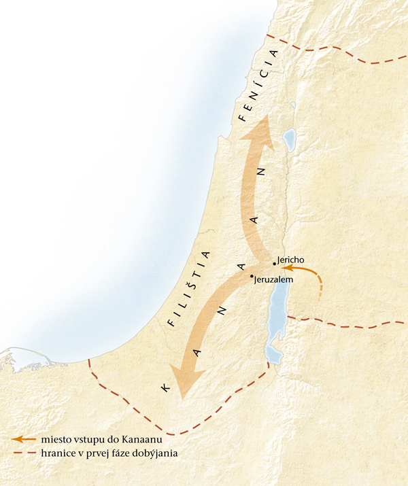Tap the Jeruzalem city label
tap(273, 280)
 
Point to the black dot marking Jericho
tap(274, 263)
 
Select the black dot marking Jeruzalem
tap(252, 275)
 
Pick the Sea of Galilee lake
tap(289, 139)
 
